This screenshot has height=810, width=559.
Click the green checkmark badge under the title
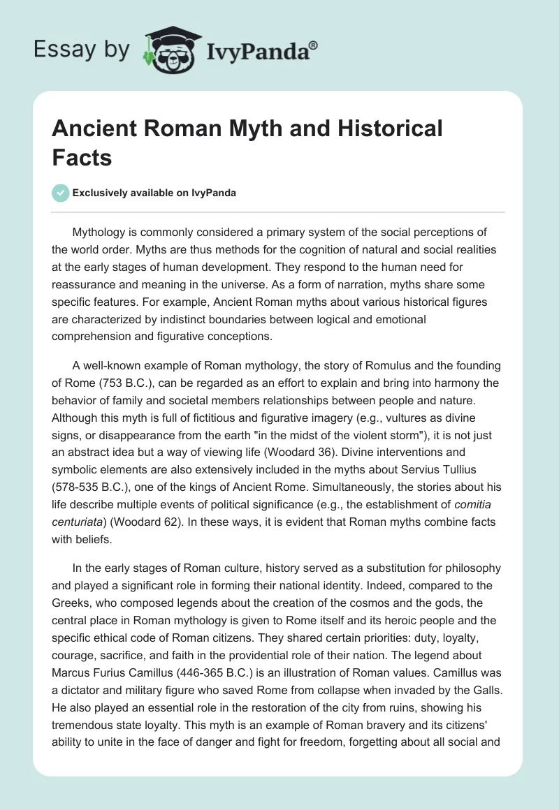pos(61,193)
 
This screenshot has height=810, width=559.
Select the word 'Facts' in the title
pos(82,157)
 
